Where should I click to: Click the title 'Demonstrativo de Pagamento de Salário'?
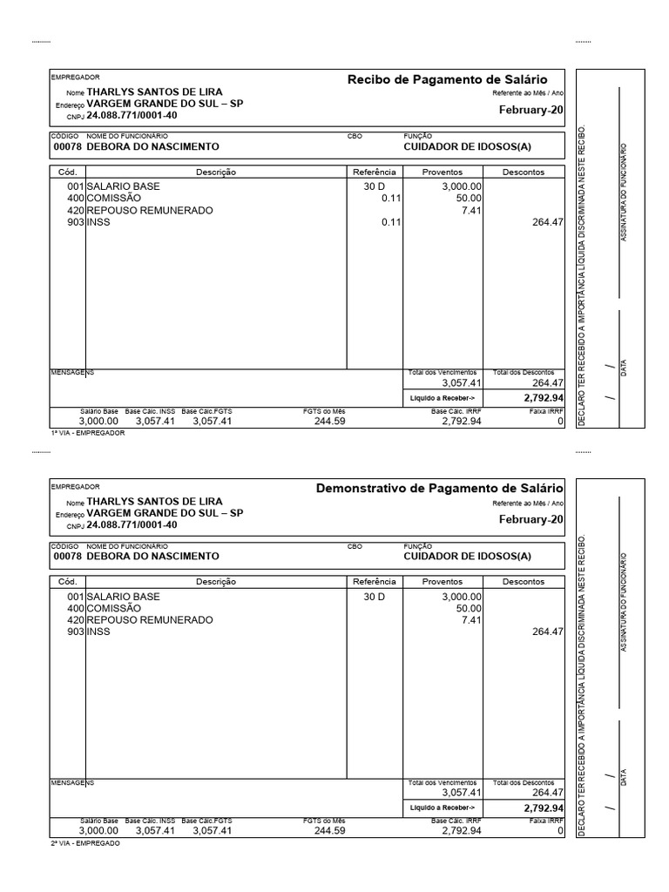(x=440, y=489)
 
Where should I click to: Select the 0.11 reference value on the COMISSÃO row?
(x=390, y=199)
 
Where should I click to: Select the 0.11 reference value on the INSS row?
(x=390, y=222)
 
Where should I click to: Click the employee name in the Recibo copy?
(x=152, y=146)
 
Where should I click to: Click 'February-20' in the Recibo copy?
(x=530, y=110)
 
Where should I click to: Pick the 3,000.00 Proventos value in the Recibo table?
(x=462, y=186)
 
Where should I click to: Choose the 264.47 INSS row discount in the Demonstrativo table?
(x=548, y=632)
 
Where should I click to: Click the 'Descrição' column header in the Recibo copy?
(x=216, y=172)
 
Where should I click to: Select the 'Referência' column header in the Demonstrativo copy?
(x=375, y=581)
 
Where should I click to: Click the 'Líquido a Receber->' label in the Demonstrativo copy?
(x=443, y=808)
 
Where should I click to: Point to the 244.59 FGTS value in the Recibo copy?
(x=329, y=421)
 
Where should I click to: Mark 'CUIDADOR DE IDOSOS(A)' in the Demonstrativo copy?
(x=467, y=556)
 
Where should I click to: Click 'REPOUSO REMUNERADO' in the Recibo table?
(x=149, y=210)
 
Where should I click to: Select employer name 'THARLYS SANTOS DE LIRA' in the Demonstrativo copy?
(x=154, y=501)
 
